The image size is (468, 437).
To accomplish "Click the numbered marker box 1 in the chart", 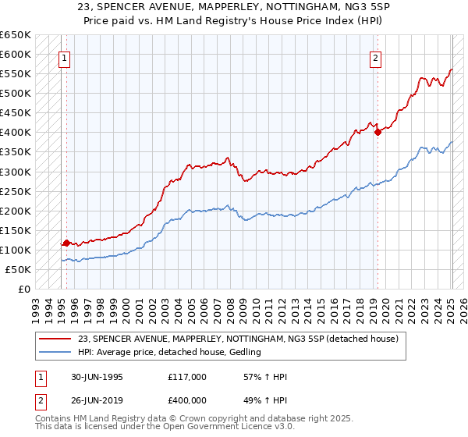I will coord(64,57).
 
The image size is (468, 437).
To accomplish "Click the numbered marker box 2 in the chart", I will coord(375,57).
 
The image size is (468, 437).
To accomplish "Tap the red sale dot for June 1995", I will coord(66,243).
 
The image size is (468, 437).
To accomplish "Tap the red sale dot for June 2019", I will coord(378,132).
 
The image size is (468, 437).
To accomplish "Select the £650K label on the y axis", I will coord(16,35).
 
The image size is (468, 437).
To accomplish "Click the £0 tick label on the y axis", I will coord(23,289).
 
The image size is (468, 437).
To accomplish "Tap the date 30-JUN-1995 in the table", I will coord(92,377).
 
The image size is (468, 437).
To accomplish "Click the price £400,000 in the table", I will coord(186,400).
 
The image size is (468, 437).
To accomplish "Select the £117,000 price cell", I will coord(186,377).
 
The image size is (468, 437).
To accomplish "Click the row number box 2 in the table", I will coord(41,400).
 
